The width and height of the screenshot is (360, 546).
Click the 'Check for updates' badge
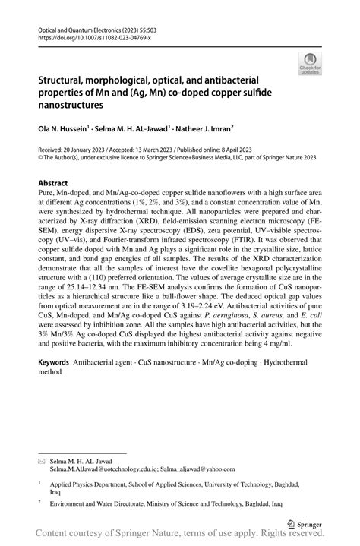(309, 64)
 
